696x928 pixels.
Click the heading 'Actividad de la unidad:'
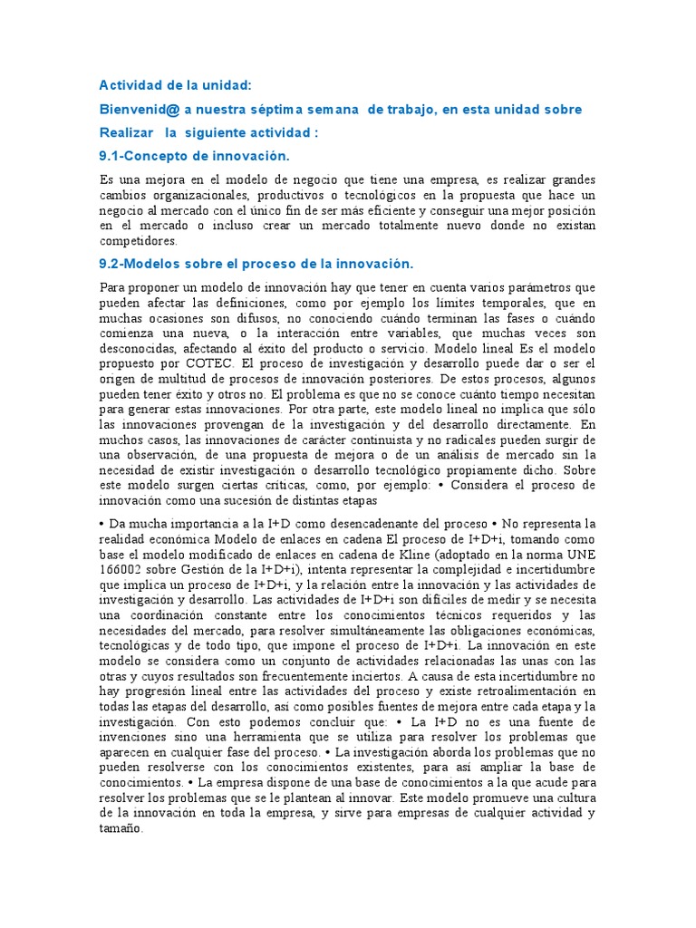175,85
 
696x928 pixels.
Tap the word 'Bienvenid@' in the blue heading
138,109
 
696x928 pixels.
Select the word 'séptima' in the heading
276,109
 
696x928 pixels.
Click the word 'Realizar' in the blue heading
125,132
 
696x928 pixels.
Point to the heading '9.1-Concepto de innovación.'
193,156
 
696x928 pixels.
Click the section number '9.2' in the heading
110,264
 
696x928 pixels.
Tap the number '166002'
121,569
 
